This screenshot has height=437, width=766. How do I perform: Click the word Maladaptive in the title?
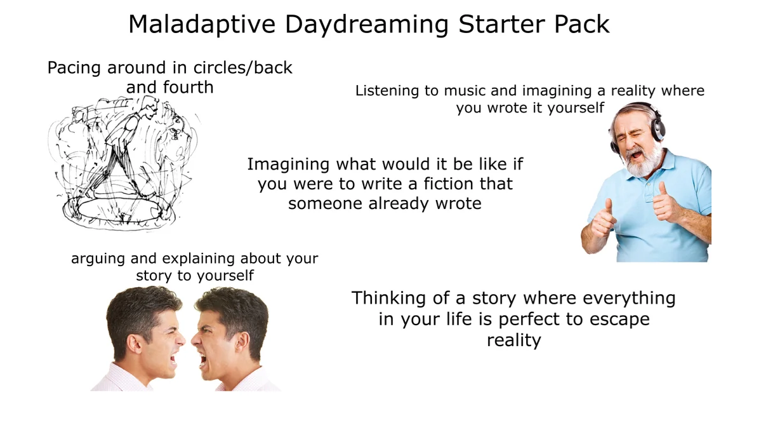tap(202, 24)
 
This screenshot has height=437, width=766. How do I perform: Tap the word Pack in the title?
tap(581, 24)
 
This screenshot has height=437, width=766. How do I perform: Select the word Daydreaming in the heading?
tap(367, 25)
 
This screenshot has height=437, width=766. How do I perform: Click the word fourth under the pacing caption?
tap(188, 87)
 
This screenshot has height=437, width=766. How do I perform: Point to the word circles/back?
tap(243, 67)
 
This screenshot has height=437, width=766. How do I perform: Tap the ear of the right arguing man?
tap(242, 343)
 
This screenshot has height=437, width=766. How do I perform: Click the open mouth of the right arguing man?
tap(203, 360)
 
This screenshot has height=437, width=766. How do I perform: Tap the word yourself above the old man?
tap(576, 109)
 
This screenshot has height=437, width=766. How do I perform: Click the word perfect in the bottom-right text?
tap(529, 319)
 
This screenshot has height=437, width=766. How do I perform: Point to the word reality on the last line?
tap(514, 340)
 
